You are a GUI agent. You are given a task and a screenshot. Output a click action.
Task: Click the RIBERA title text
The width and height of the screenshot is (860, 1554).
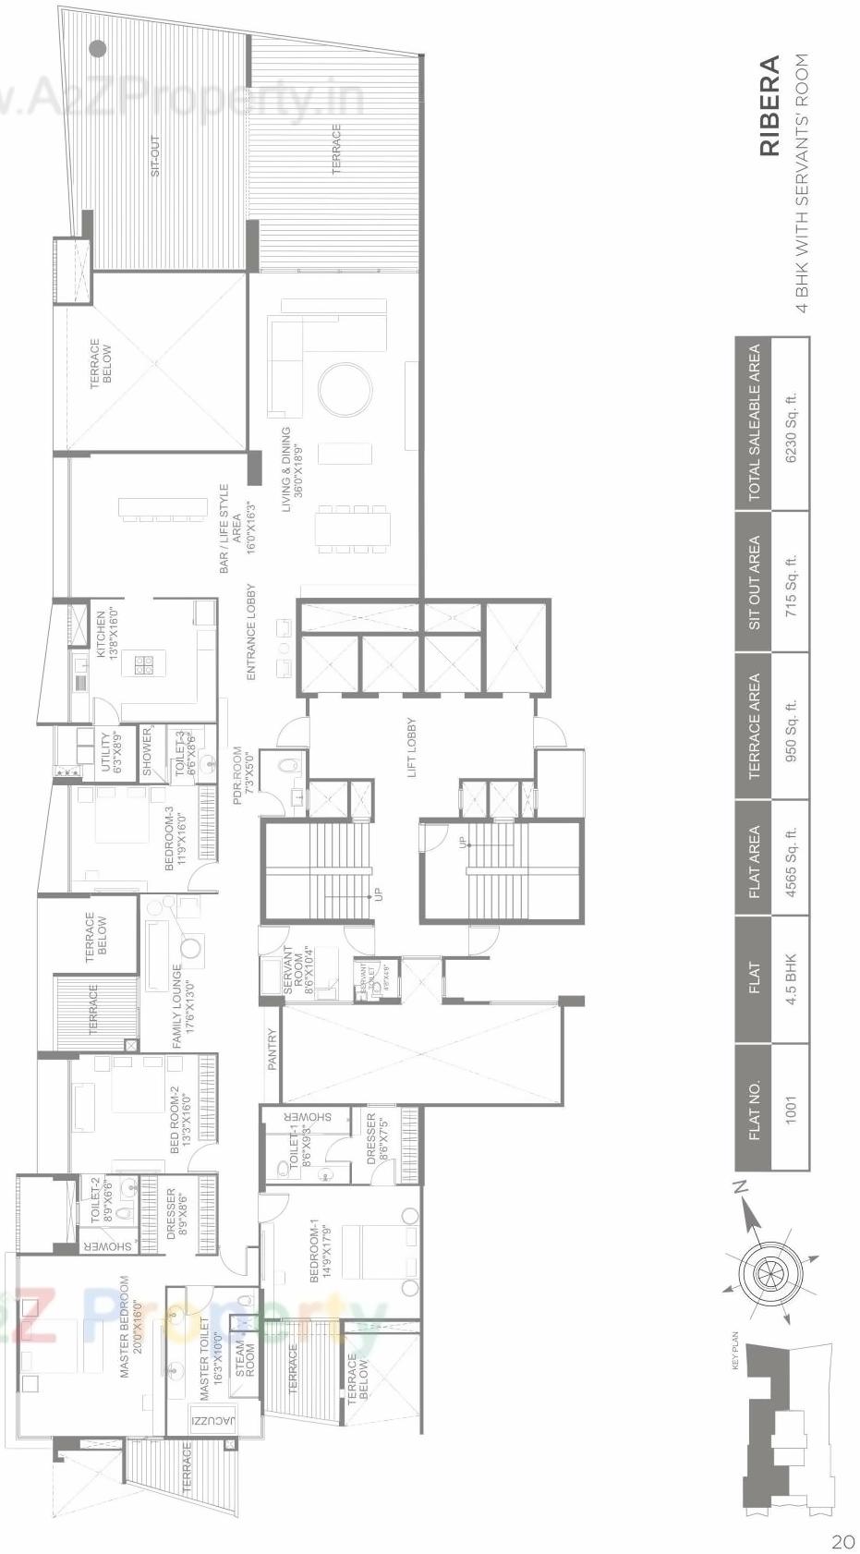pos(769,106)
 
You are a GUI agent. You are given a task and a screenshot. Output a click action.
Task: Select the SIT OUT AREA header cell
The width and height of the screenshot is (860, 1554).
pos(755,582)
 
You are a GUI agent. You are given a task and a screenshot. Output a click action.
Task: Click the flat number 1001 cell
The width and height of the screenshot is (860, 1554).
pos(791,1107)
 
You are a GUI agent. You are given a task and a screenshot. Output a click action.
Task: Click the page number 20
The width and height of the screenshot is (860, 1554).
pos(842,1541)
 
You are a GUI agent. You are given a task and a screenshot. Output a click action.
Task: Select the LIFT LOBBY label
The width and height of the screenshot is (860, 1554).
pos(412,747)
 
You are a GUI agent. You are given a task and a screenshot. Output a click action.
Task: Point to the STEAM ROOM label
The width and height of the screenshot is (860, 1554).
pos(247,1359)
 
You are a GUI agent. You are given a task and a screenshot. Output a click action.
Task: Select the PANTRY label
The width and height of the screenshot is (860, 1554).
pos(273,1050)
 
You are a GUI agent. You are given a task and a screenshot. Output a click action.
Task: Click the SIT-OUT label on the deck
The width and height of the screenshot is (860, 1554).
pos(155,156)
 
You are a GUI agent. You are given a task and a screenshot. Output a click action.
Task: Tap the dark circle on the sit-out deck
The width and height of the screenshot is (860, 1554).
pos(98,48)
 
